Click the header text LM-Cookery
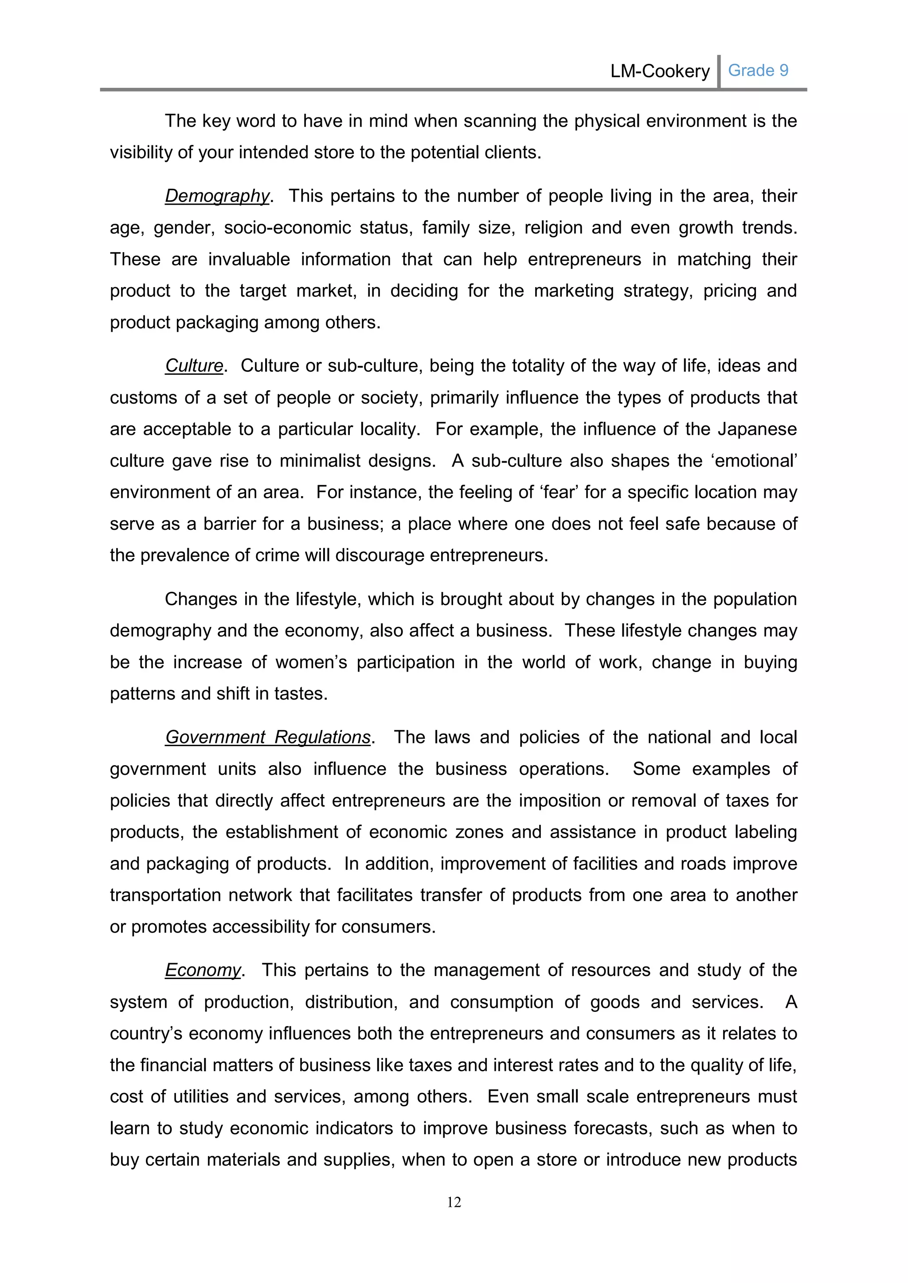[x=660, y=71]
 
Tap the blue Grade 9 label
[x=758, y=70]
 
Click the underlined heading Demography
[x=217, y=196]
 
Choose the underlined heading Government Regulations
[x=268, y=737]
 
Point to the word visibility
[x=141, y=152]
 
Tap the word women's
[x=311, y=662]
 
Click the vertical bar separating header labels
[x=718, y=71]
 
